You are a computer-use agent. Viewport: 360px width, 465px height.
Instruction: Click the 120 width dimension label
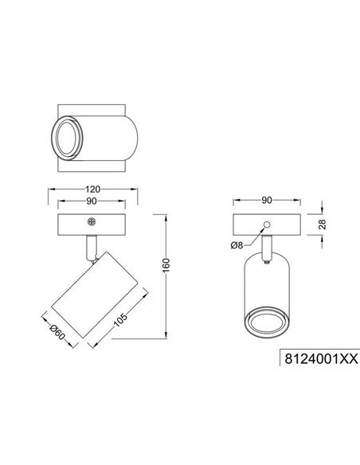pos(93,190)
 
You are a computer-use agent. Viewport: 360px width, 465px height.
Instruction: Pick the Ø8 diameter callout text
pos(237,245)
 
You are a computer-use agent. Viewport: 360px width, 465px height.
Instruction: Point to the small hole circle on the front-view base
pos(267,223)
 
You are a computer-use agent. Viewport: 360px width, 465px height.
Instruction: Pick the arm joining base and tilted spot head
pos(90,248)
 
